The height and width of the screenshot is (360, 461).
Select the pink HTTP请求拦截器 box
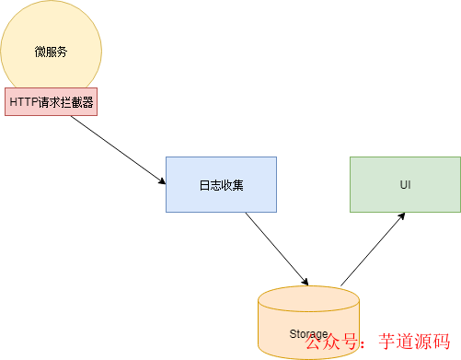coord(51,101)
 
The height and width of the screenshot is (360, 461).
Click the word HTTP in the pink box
coord(23,101)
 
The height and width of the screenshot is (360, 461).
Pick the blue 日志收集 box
coord(221,184)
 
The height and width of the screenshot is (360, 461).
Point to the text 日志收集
coord(221,185)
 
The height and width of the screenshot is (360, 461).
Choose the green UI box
coord(405,184)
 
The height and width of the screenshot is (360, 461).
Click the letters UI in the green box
coord(405,185)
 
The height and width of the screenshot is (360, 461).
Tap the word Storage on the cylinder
coord(308,333)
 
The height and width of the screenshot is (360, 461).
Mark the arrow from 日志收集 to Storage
coord(276,247)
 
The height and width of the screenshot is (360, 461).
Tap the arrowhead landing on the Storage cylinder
coord(305,281)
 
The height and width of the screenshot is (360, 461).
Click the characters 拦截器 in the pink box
coord(77,101)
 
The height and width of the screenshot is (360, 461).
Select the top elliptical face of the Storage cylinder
coord(308,297)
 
